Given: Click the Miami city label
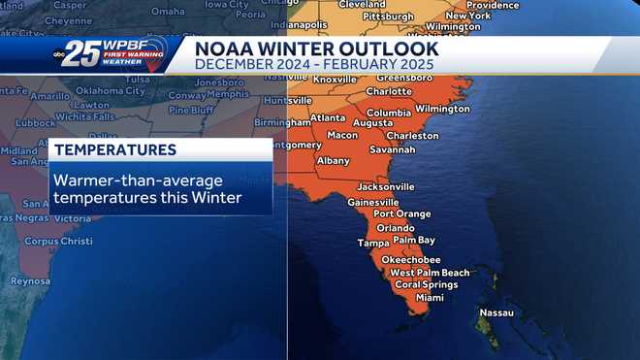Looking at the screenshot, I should pos(430,298).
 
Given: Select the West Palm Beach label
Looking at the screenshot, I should pos(430,273).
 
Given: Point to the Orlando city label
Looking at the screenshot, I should pos(395,227).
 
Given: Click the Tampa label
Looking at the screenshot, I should pos(372,243).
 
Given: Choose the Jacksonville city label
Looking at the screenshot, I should pos(385,186).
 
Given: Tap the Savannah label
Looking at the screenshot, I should pos(392,149).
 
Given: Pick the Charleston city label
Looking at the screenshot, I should pos(412,136).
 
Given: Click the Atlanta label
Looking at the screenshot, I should pos(328,118).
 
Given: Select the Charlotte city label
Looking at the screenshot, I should pos(389,91).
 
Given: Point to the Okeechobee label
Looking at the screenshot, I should pos(411,260).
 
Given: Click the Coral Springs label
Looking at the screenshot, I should pos(426,285).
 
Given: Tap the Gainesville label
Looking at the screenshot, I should pos(373,202).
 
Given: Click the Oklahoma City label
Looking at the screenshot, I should pos(111,91).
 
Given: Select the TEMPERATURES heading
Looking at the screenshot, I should pos(115,150).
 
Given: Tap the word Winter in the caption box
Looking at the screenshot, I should pos(215,198).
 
